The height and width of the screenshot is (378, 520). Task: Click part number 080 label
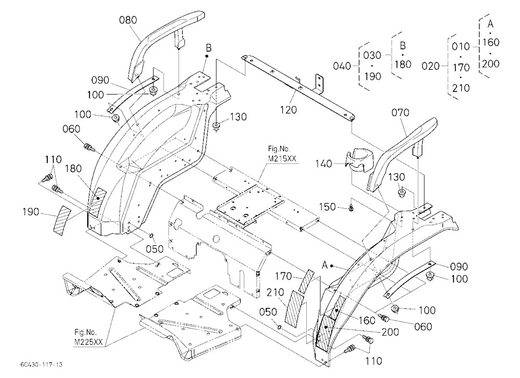(x=128, y=20)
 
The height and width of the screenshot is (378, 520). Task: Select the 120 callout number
(x=288, y=110)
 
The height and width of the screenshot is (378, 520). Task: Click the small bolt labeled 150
(x=351, y=208)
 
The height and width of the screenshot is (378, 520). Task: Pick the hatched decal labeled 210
(x=295, y=309)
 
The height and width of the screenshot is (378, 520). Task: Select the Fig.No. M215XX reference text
(x=282, y=154)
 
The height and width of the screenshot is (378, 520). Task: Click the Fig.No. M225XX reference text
(x=88, y=337)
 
